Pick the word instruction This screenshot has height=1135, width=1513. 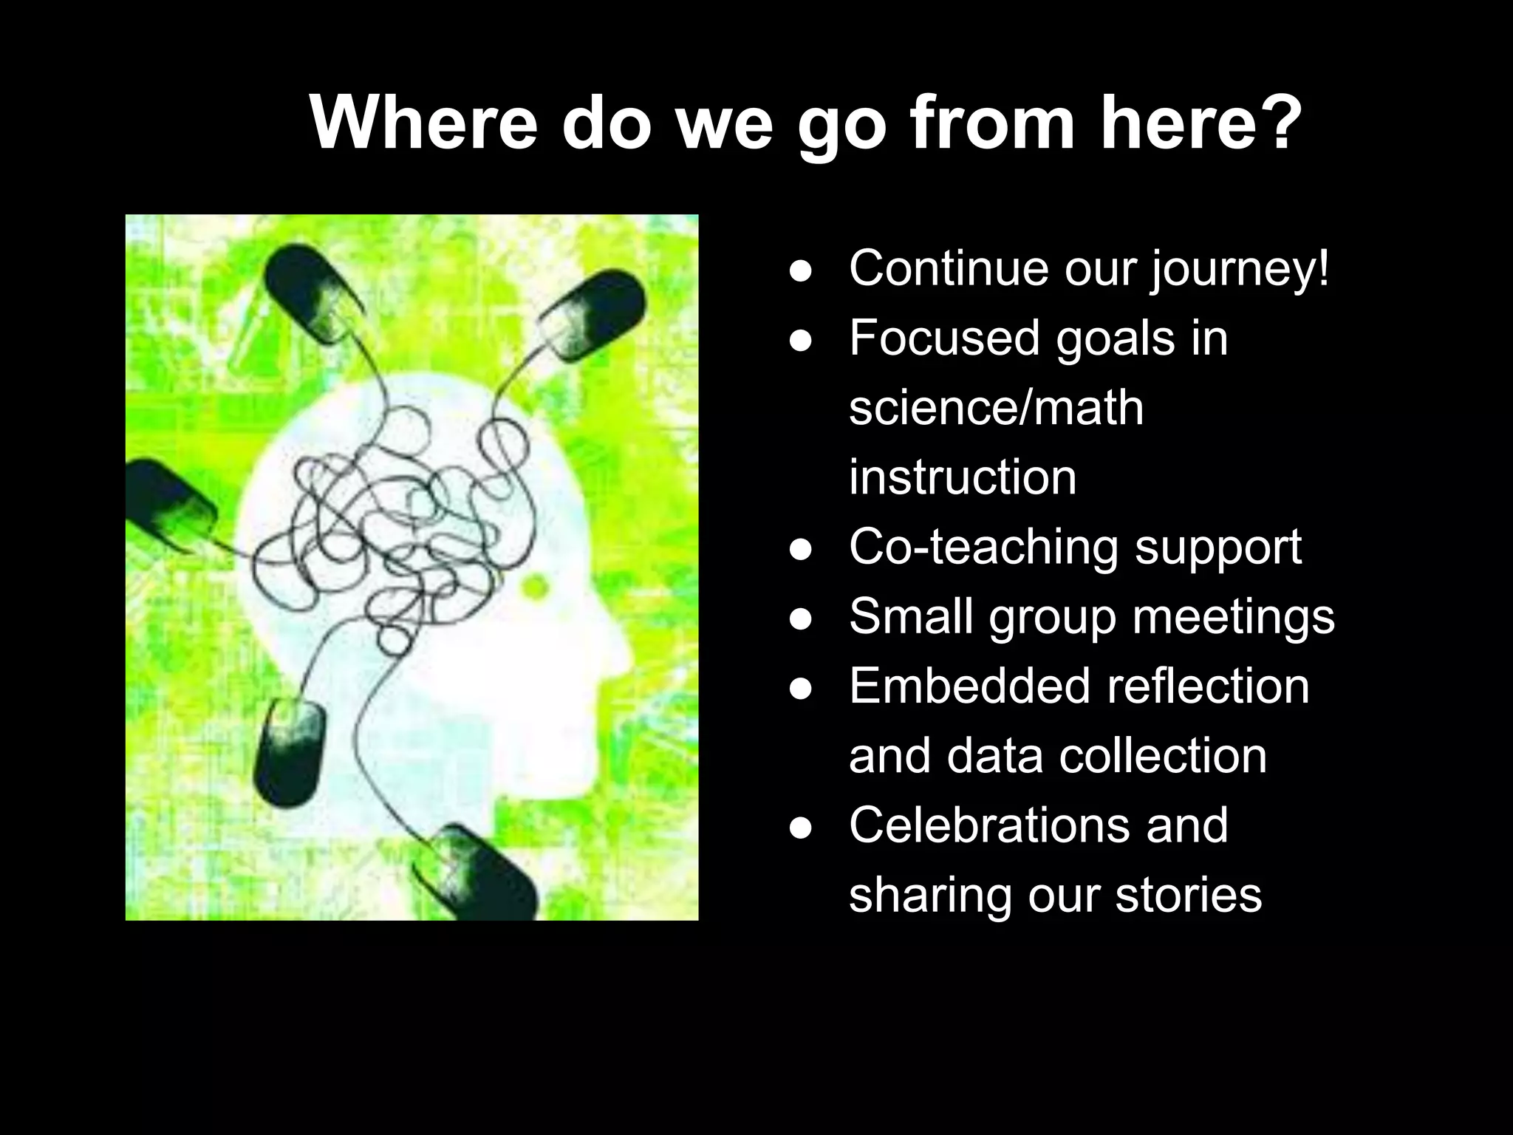(x=962, y=477)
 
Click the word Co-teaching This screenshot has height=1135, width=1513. (x=983, y=548)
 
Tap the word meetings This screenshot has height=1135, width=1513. (x=1233, y=617)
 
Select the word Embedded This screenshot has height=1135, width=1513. (x=969, y=686)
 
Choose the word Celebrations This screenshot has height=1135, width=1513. (x=988, y=825)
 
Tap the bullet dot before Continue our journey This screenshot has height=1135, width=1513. (x=801, y=271)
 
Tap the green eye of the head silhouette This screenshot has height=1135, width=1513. (x=535, y=587)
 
